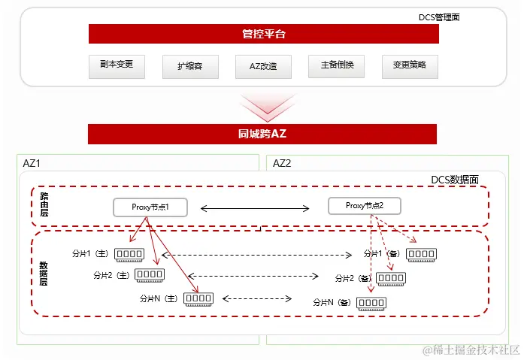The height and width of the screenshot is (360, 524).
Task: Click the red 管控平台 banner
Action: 263,34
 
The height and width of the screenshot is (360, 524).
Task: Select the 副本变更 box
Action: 116,65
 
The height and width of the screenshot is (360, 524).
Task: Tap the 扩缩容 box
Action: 189,66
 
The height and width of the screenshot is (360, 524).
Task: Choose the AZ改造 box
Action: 262,66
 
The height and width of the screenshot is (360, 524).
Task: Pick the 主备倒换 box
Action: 336,65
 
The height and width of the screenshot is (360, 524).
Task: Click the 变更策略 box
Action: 409,65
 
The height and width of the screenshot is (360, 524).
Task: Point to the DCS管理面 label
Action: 439,17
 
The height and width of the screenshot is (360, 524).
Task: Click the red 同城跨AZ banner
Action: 262,135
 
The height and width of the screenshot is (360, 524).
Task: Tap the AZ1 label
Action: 32,163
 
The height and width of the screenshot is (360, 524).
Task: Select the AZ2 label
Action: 282,163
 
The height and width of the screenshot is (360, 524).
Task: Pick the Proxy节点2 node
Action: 365,206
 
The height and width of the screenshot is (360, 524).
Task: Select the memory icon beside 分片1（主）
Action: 129,255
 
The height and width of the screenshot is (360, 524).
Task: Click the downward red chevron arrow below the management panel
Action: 262,107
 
